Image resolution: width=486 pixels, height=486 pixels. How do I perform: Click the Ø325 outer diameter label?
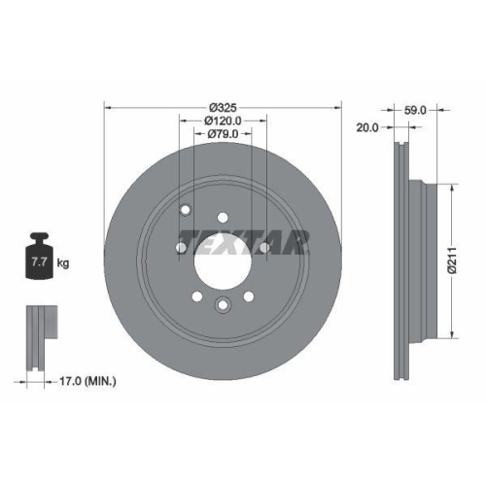click(x=223, y=106)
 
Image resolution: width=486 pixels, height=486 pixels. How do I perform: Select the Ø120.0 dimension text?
click(x=223, y=121)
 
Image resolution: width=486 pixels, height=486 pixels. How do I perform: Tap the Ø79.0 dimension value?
click(x=223, y=135)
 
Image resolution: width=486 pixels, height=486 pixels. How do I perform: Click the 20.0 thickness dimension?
click(x=368, y=127)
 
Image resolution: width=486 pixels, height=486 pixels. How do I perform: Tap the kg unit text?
click(x=63, y=263)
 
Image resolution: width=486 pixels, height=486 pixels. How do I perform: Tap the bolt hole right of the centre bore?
click(x=263, y=248)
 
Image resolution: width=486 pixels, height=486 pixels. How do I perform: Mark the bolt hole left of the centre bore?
click(x=182, y=248)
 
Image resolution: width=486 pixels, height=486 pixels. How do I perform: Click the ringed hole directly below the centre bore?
click(x=223, y=306)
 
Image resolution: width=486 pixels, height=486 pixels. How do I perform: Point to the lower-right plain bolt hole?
click(x=248, y=296)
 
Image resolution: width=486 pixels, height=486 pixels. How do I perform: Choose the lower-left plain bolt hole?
click(x=197, y=296)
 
